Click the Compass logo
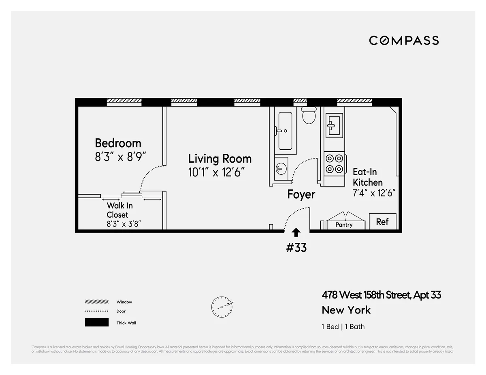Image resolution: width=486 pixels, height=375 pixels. click(x=404, y=40)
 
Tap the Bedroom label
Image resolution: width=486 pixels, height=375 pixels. click(x=118, y=143)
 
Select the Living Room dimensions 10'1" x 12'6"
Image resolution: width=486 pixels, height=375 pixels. click(x=217, y=172)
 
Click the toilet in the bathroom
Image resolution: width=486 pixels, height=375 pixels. click(x=309, y=115)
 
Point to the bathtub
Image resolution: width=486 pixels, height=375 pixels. click(x=285, y=131)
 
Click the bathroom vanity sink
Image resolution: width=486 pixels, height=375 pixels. click(x=281, y=168)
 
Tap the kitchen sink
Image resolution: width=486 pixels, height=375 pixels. click(x=335, y=125)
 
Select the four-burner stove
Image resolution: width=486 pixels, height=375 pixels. click(x=335, y=163)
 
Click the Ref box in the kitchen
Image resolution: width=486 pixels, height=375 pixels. click(x=382, y=222)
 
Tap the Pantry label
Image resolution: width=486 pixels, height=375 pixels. click(x=344, y=225)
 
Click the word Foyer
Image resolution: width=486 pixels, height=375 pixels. click(x=301, y=195)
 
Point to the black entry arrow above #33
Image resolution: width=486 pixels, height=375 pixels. click(x=296, y=232)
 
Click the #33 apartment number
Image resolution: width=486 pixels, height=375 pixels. click(x=296, y=248)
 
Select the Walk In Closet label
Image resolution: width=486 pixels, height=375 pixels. click(x=119, y=210)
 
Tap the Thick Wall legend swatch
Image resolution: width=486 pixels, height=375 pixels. click(x=96, y=322)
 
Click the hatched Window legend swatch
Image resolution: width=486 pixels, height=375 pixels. click(x=96, y=302)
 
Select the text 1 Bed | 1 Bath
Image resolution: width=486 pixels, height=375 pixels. click(x=343, y=326)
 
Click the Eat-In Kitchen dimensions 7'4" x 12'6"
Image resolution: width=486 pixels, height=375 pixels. click(x=374, y=193)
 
